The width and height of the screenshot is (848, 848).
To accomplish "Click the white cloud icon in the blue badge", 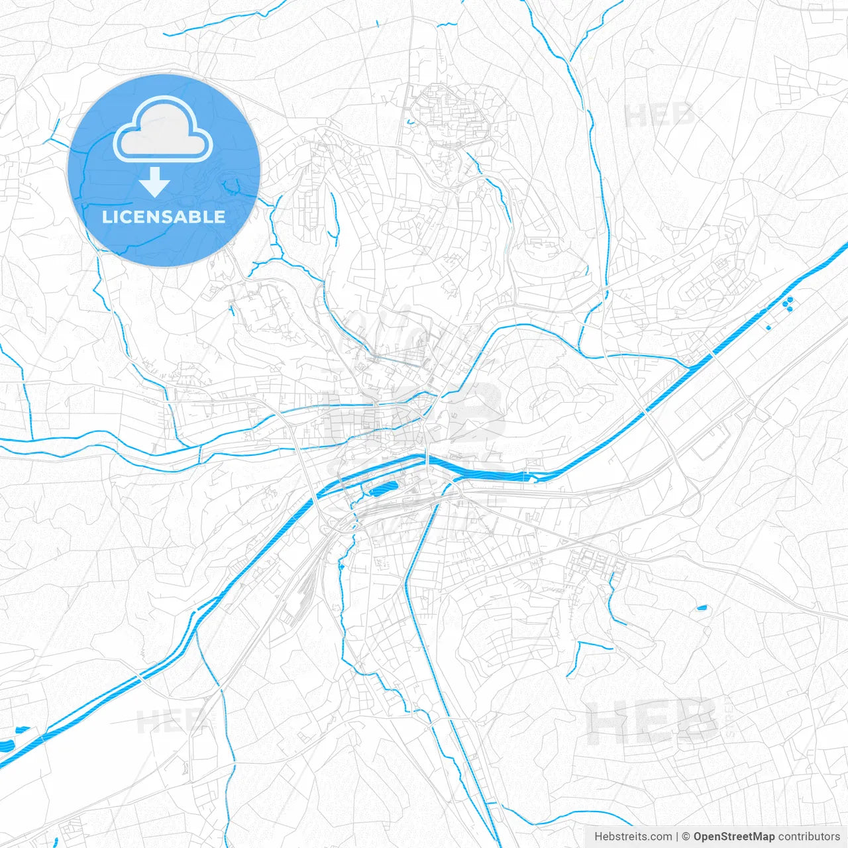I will [x=163, y=130].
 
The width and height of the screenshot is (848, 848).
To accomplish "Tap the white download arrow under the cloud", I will [x=155, y=182].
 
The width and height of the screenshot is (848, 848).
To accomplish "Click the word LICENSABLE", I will [x=164, y=217].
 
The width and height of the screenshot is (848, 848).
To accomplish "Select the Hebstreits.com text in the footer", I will [x=633, y=837].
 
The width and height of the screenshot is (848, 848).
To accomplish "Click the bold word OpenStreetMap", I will [x=734, y=837].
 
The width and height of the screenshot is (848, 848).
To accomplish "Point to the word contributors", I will [x=809, y=837].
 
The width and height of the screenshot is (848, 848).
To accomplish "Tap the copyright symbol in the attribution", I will [x=686, y=837].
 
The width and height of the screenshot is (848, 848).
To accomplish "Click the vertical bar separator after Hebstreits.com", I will [x=677, y=837].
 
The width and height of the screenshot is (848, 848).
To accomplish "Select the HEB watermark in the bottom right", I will [x=653, y=722].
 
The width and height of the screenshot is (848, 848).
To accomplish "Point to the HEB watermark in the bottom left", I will [x=170, y=721].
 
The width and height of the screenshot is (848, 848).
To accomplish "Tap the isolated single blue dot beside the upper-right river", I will [x=768, y=328].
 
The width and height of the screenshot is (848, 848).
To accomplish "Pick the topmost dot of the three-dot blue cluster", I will [x=790, y=299].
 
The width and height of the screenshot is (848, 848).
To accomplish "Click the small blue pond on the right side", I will [x=702, y=608].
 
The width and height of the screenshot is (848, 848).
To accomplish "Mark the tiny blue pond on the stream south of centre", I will [x=341, y=566].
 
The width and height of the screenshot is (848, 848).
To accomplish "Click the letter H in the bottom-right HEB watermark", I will [x=606, y=722].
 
